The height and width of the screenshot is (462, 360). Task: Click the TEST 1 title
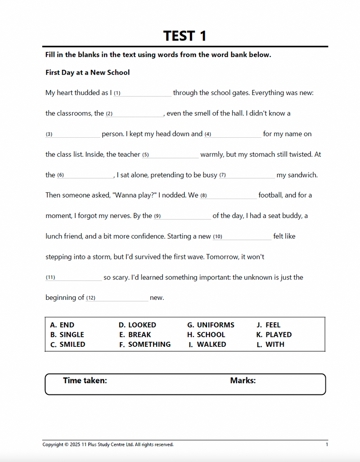pyautogui.click(x=184, y=36)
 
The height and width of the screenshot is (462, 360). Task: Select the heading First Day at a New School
pyautogui.click(x=87, y=72)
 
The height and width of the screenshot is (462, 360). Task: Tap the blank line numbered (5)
pyautogui.click(x=174, y=155)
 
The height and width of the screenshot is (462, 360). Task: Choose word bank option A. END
pyautogui.click(x=62, y=325)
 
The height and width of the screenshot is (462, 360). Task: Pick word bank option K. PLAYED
pyautogui.click(x=274, y=335)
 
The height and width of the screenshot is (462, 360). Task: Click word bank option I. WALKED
pyautogui.click(x=207, y=344)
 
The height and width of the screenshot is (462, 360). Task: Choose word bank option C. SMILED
pyautogui.click(x=67, y=344)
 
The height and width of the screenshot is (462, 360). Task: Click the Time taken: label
pyautogui.click(x=85, y=380)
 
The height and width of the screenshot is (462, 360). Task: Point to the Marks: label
pyautogui.click(x=243, y=380)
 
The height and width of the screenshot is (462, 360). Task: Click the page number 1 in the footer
pyautogui.click(x=327, y=444)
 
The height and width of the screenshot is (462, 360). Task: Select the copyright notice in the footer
pyautogui.click(x=108, y=444)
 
